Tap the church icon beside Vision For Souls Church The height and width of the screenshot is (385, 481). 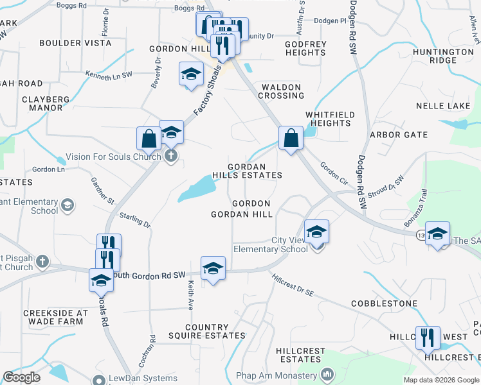coord(170,156)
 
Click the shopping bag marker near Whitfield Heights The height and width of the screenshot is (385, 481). coord(291,137)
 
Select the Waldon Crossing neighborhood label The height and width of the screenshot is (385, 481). coord(281,91)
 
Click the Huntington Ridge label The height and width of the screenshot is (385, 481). coord(443,56)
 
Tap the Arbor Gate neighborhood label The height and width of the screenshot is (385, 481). coord(399,135)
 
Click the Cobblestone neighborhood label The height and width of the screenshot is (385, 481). coord(384,303)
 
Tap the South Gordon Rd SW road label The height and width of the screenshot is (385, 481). coord(149,275)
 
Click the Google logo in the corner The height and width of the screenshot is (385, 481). coord(21,377)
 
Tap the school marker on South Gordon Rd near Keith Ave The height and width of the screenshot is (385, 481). coord(213,268)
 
